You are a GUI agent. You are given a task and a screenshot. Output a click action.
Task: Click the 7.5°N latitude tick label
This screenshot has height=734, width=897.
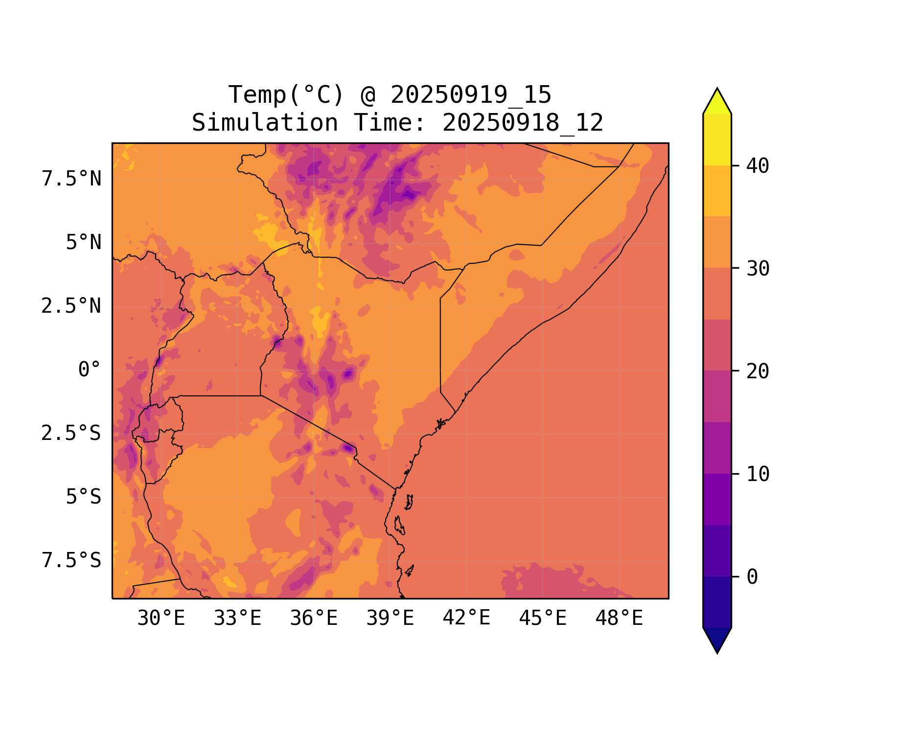click(71, 179)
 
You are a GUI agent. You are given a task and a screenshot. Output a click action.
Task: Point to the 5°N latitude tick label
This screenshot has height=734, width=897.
click(84, 243)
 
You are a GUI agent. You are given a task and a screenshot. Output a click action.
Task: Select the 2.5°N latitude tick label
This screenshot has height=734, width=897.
click(71, 306)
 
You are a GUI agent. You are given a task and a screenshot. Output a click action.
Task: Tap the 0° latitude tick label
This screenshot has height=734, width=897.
click(90, 370)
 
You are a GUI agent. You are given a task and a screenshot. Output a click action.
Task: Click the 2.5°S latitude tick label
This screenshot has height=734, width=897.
click(71, 433)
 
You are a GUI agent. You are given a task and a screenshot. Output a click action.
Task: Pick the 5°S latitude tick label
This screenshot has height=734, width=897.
click(84, 497)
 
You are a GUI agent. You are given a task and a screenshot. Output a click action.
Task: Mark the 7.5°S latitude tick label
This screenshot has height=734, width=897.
click(71, 560)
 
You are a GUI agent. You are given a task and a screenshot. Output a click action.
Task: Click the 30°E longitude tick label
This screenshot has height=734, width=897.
click(161, 619)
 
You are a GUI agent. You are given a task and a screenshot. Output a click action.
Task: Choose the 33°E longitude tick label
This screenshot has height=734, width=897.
click(237, 619)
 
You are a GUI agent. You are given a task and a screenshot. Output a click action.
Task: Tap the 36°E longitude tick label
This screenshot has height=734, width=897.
click(314, 619)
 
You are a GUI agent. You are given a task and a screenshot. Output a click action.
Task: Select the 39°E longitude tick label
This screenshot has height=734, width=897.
click(390, 619)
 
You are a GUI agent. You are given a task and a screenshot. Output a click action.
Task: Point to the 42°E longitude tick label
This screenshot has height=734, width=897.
click(466, 618)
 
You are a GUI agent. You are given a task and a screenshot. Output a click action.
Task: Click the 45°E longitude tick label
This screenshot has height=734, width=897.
click(543, 619)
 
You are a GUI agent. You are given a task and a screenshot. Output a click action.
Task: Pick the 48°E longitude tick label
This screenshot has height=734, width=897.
click(619, 619)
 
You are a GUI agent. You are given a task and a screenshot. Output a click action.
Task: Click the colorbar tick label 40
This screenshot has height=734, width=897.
click(758, 166)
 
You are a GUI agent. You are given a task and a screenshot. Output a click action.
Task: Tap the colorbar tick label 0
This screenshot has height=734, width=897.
click(752, 577)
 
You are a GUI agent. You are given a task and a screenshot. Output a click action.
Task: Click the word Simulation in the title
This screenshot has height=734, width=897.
click(265, 123)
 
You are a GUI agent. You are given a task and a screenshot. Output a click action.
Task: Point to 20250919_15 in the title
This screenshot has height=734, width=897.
click(471, 95)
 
